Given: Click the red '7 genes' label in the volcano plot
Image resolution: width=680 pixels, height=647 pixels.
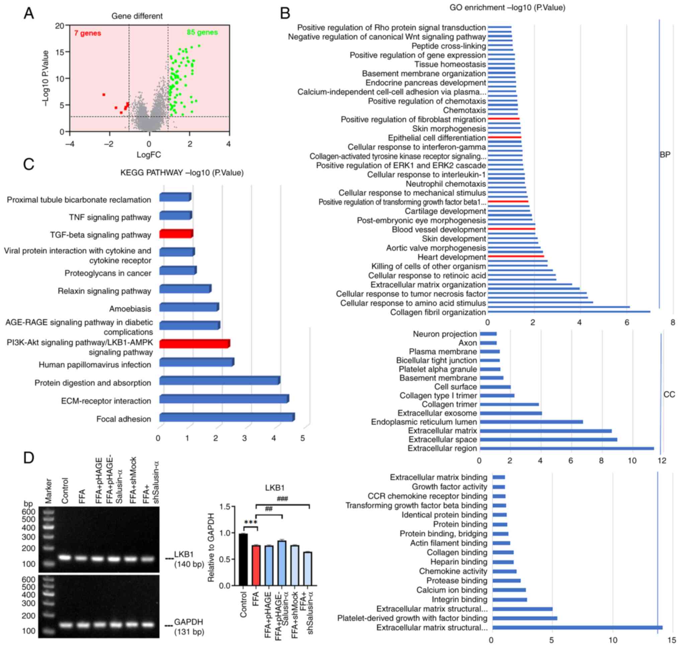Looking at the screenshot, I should point(87,33).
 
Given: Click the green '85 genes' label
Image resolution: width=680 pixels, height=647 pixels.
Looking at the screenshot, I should point(202,32).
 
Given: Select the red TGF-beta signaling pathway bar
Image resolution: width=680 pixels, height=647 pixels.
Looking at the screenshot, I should point(176,234).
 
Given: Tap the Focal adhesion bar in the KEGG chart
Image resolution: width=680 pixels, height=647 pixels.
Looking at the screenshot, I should point(227,418).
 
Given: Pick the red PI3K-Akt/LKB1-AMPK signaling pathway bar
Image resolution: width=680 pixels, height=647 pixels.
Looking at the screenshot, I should point(194,344).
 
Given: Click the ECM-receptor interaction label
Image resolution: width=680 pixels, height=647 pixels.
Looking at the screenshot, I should point(106,401).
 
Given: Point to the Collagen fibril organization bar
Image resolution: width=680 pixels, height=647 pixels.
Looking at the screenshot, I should point(569,312).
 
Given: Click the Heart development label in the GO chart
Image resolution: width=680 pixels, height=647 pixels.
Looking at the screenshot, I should point(451,257).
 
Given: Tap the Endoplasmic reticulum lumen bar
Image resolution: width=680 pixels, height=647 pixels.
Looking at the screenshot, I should point(531,422).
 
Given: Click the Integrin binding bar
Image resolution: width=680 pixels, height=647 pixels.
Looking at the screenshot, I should point(509,600).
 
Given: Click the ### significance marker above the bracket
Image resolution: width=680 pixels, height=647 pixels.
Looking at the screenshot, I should point(282,499).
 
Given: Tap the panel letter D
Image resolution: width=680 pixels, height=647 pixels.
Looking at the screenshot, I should point(29,458).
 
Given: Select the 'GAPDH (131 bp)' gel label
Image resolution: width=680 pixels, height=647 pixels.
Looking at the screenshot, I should point(188,627).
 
